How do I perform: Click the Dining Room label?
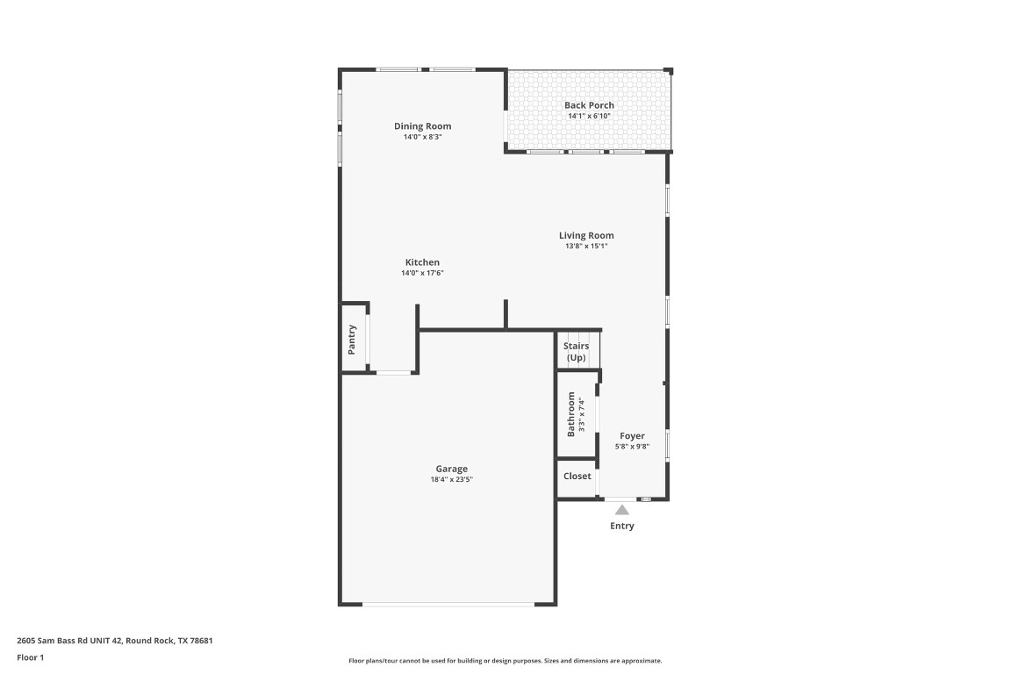[x=422, y=126]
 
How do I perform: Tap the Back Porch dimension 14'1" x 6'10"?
[x=589, y=116]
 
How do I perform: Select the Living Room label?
[x=586, y=235]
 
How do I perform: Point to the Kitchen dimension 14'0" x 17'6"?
[x=422, y=273]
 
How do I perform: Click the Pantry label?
[x=352, y=339]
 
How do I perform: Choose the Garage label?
[x=451, y=469]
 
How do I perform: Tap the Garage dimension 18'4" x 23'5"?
[x=451, y=479]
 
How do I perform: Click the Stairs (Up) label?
[x=576, y=352]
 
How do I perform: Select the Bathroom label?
[x=570, y=414]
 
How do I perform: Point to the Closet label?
[x=577, y=477]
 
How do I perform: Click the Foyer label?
[x=632, y=436]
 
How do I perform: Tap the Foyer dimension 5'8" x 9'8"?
[x=632, y=447]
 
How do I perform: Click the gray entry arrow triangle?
[x=621, y=510]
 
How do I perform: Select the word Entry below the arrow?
[x=621, y=527]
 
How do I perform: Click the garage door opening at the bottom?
[x=448, y=604]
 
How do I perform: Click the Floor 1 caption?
[x=30, y=657]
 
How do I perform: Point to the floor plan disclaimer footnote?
[x=505, y=661]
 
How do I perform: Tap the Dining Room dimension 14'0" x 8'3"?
[x=422, y=137]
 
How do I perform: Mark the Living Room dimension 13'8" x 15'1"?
[x=586, y=246]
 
